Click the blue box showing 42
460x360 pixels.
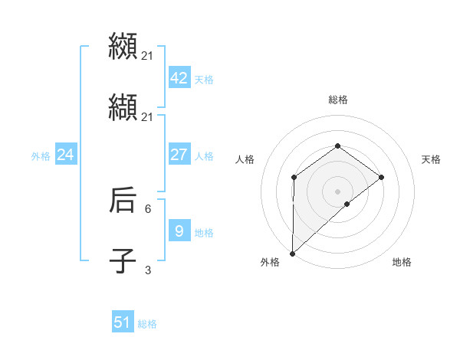[179, 77]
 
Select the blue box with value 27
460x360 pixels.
[179, 155]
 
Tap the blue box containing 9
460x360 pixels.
[179, 230]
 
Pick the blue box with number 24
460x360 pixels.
[66, 155]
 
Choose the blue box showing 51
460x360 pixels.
[123, 322]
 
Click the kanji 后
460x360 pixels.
[123, 201]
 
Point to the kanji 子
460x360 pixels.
[123, 261]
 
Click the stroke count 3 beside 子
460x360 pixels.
[148, 269]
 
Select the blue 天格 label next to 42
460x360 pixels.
[204, 80]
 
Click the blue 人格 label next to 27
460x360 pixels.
[204, 156]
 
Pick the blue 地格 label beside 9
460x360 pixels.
[204, 233]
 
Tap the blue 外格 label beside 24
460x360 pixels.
[41, 156]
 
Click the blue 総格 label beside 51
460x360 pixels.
[147, 325]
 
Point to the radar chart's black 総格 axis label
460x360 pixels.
[337, 100]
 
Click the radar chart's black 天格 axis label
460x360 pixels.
[432, 159]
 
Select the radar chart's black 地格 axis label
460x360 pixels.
[402, 262]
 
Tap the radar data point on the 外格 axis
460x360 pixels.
[292, 253]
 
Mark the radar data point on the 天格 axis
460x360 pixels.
[381, 178]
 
